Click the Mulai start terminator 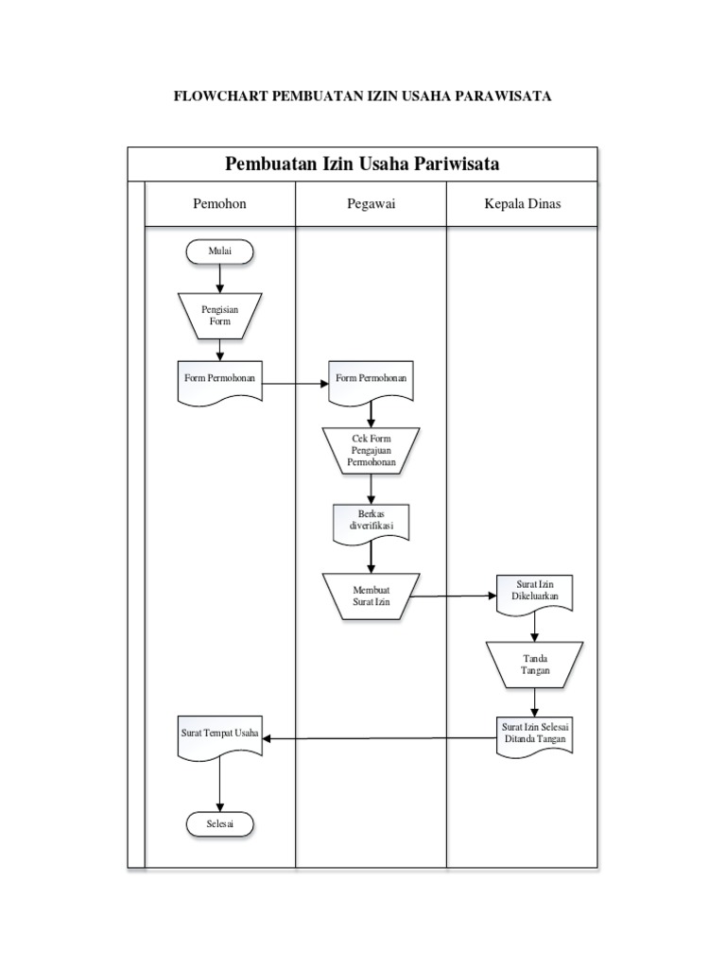pyautogui.click(x=219, y=251)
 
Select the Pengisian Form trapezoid pyautogui.click(x=219, y=315)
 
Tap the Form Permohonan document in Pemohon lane pyautogui.click(x=219, y=380)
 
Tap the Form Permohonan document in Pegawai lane pyautogui.click(x=371, y=380)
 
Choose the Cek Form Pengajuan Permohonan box pyautogui.click(x=371, y=448)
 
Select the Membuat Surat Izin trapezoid pyautogui.click(x=371, y=596)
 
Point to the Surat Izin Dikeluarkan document pyautogui.click(x=535, y=592)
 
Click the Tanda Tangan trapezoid pyautogui.click(x=535, y=664)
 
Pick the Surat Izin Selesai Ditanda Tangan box pyautogui.click(x=535, y=734)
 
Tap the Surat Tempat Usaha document pyautogui.click(x=219, y=735)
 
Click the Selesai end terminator pyautogui.click(x=219, y=823)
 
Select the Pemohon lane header pyautogui.click(x=219, y=203)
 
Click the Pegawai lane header pyautogui.click(x=371, y=203)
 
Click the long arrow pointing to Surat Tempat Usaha pyautogui.click(x=378, y=737)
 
